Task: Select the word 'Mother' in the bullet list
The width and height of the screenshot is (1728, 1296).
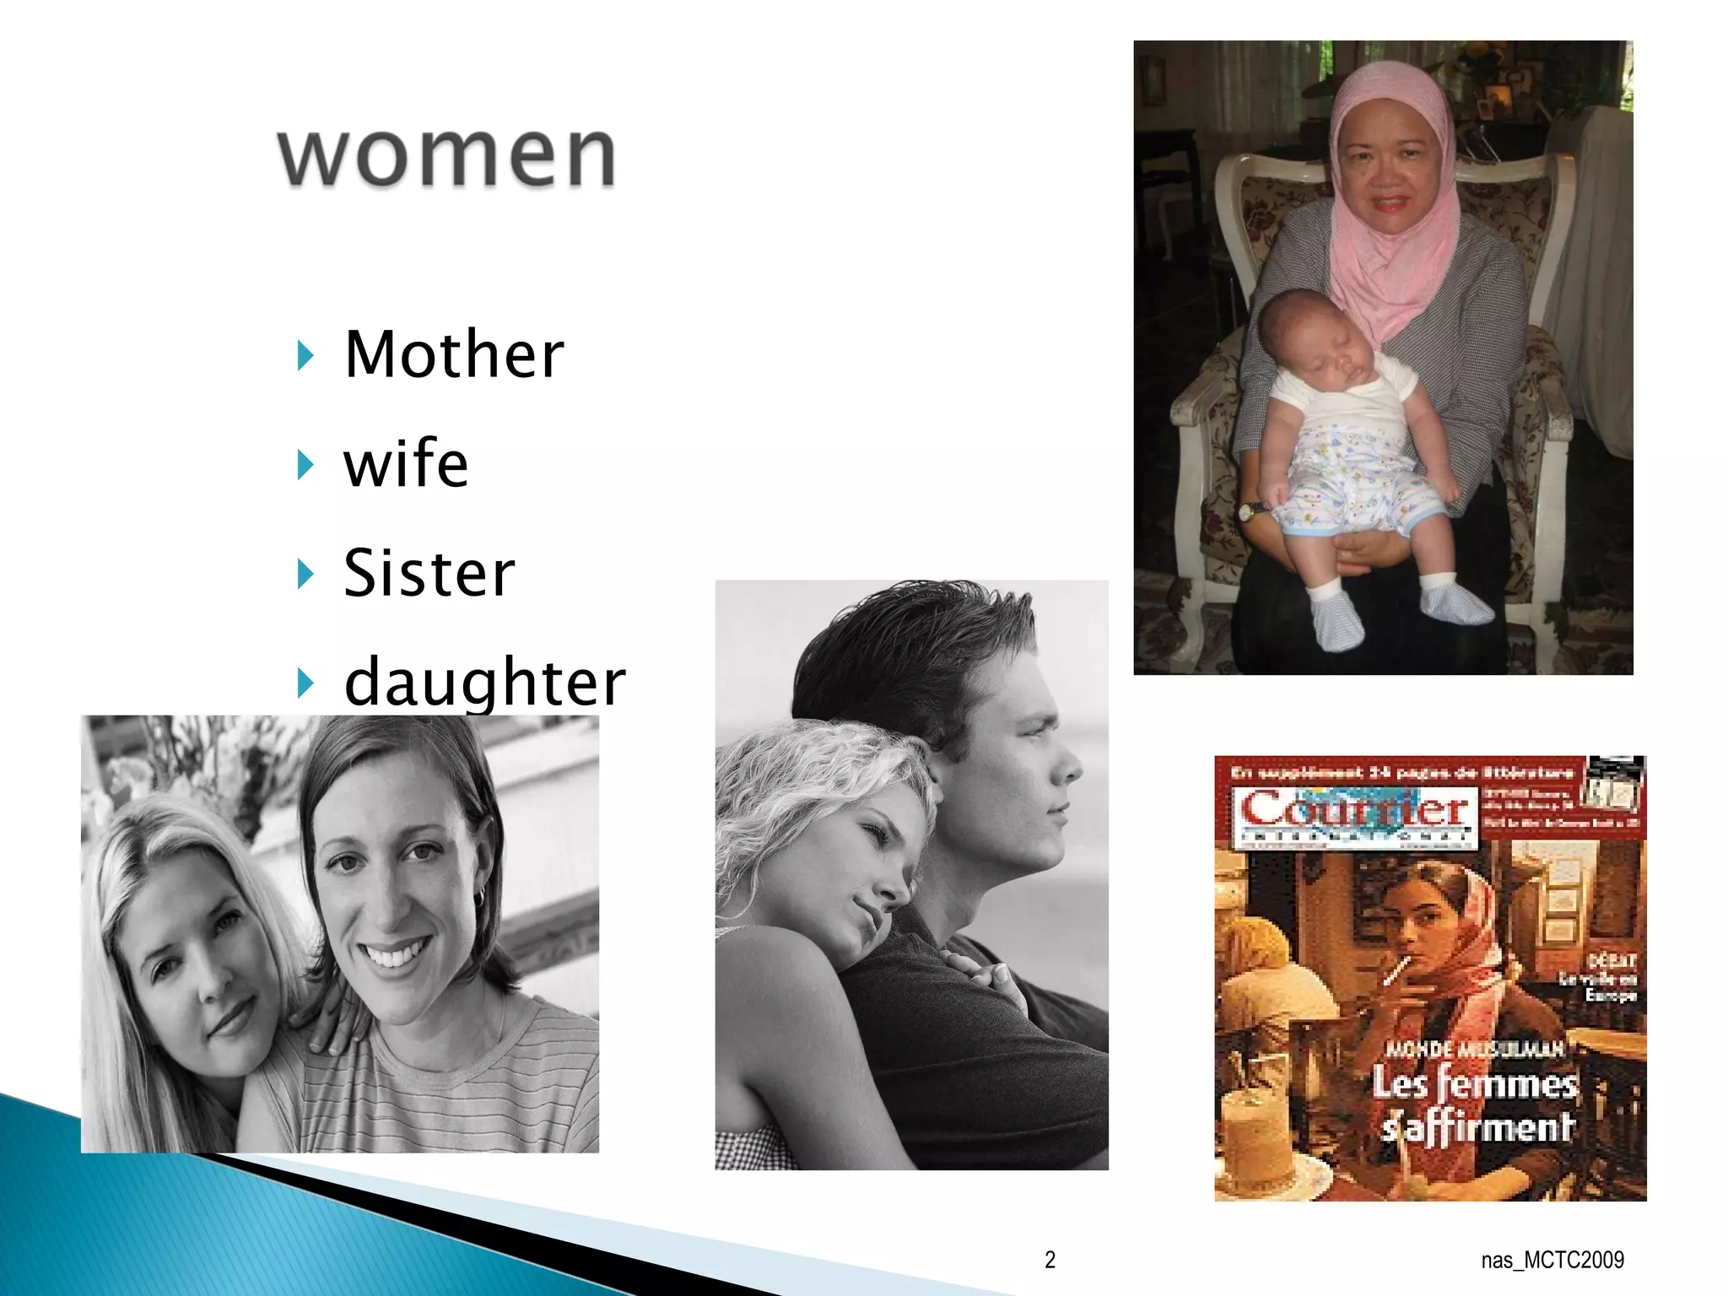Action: click(x=454, y=354)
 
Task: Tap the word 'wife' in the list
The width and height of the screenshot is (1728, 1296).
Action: click(x=406, y=464)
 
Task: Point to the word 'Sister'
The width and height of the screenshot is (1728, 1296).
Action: click(x=429, y=574)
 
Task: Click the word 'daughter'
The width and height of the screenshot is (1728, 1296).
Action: click(x=485, y=682)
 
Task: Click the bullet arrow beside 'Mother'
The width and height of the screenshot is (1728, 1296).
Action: click(x=305, y=356)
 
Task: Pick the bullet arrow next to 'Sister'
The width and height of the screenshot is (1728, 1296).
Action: click(x=305, y=575)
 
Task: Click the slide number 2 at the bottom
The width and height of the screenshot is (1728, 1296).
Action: click(x=1050, y=1260)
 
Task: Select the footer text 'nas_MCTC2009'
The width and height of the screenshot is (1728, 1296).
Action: click(x=1552, y=1260)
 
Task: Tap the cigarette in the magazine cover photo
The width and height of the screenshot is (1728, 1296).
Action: click(x=1394, y=970)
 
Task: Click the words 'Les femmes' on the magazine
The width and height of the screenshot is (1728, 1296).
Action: click(x=1474, y=1083)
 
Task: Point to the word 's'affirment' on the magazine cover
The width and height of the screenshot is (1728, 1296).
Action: click(x=1478, y=1126)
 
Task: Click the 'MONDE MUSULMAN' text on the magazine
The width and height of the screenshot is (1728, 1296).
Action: click(x=1475, y=1049)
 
